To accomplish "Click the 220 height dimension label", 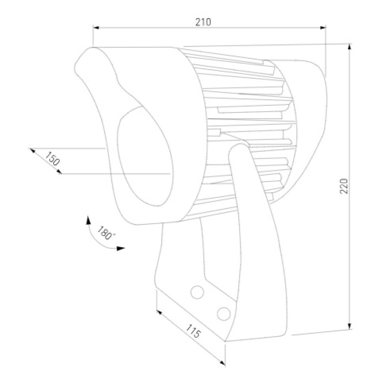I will click(344, 186).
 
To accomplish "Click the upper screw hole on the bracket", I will click(197, 291).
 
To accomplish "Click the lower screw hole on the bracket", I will click(224, 313).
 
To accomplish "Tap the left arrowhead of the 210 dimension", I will click(96, 28).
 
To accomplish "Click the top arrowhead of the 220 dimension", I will click(350, 47).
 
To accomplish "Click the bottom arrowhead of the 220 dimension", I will click(350, 326).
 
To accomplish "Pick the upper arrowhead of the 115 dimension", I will click(159, 312).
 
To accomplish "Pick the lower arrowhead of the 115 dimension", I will click(223, 363).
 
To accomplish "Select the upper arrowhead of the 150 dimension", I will click(32, 150).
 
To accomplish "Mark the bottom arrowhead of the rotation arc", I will click(121, 248).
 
